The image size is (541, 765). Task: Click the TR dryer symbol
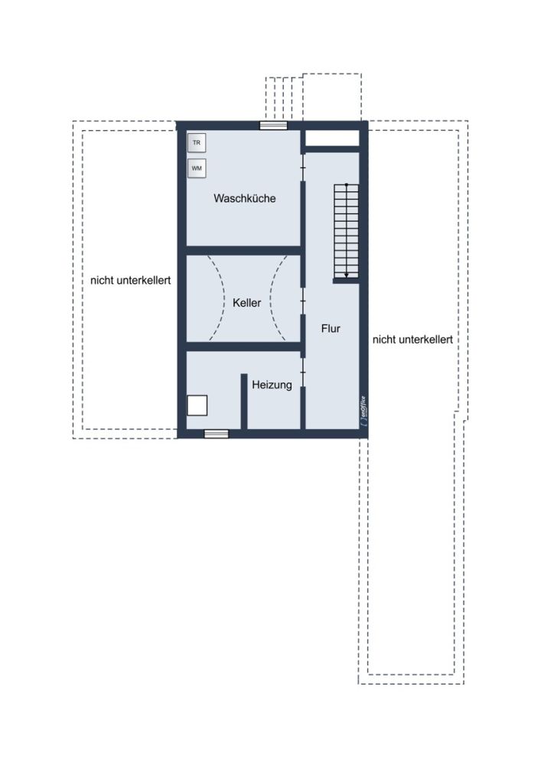click(197, 143)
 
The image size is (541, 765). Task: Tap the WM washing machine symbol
click(197, 168)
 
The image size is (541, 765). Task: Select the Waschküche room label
click(244, 199)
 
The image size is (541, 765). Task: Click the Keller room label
click(247, 303)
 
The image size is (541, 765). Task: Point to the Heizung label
click(272, 385)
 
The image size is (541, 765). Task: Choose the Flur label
click(331, 329)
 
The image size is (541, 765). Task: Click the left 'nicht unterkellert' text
click(131, 281)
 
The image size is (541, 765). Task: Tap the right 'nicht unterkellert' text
click(412, 340)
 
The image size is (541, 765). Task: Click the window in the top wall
click(273, 125)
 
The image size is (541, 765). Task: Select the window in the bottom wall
click(216, 434)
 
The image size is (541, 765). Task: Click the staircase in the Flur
click(347, 231)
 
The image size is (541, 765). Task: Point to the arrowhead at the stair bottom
click(347, 275)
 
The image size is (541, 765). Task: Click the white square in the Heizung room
click(197, 405)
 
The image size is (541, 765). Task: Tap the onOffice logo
click(364, 412)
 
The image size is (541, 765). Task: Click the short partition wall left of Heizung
click(244, 402)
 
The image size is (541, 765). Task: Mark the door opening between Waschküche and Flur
click(303, 168)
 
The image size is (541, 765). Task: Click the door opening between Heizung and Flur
click(303, 373)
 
